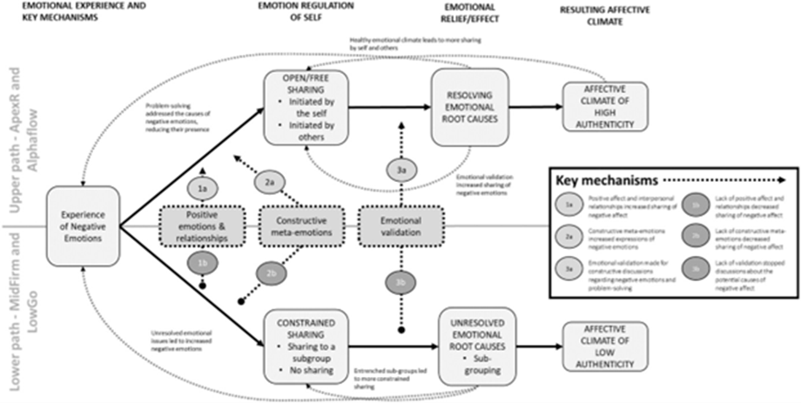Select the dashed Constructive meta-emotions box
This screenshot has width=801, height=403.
click(300, 232)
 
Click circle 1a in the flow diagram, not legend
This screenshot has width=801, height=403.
click(202, 189)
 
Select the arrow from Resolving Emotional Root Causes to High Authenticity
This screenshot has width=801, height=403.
click(532, 108)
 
